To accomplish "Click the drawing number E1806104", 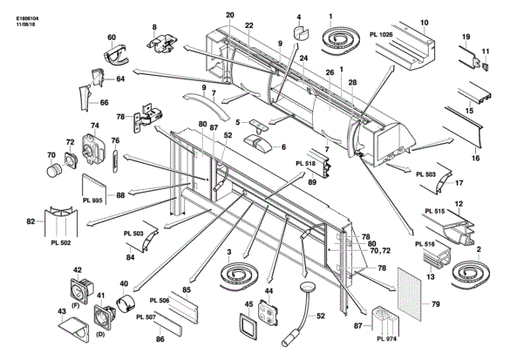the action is pyautogui.click(x=24, y=19).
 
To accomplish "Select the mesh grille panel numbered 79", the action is pyautogui.click(x=409, y=293).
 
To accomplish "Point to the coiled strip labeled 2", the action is pyautogui.click(x=471, y=274).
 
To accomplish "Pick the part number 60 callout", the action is pyautogui.click(x=112, y=37).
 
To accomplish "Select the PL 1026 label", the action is pyautogui.click(x=381, y=35).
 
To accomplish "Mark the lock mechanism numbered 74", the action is pyautogui.click(x=93, y=148).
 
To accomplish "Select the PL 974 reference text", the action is pyautogui.click(x=387, y=339).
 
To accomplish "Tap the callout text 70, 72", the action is pyautogui.click(x=381, y=251).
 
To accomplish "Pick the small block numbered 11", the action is pyautogui.click(x=486, y=66).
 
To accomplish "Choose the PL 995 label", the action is pyautogui.click(x=92, y=200).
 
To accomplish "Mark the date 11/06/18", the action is pyautogui.click(x=24, y=24).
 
